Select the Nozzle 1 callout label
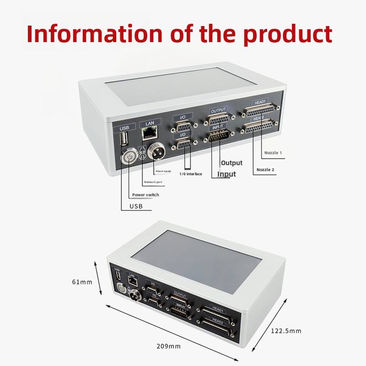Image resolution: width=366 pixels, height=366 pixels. (273, 153)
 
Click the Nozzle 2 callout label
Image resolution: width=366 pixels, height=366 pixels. (265, 170)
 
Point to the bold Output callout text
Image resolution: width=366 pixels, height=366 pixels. (231, 163)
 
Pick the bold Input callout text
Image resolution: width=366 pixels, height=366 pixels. (226, 174)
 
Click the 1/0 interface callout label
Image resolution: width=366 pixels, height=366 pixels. (190, 174)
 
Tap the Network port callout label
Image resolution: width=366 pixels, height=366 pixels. (153, 182)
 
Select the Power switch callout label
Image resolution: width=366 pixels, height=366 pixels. (145, 195)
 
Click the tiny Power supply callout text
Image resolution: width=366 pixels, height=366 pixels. (163, 171)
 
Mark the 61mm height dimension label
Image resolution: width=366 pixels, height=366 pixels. (82, 282)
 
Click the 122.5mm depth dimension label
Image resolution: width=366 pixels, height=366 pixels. (286, 331)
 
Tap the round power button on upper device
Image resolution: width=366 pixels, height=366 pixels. (130, 157)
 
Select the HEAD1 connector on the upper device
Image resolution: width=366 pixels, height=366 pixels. (258, 111)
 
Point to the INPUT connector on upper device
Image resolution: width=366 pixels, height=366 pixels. (218, 136)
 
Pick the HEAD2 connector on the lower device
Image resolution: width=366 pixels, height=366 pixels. (215, 327)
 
